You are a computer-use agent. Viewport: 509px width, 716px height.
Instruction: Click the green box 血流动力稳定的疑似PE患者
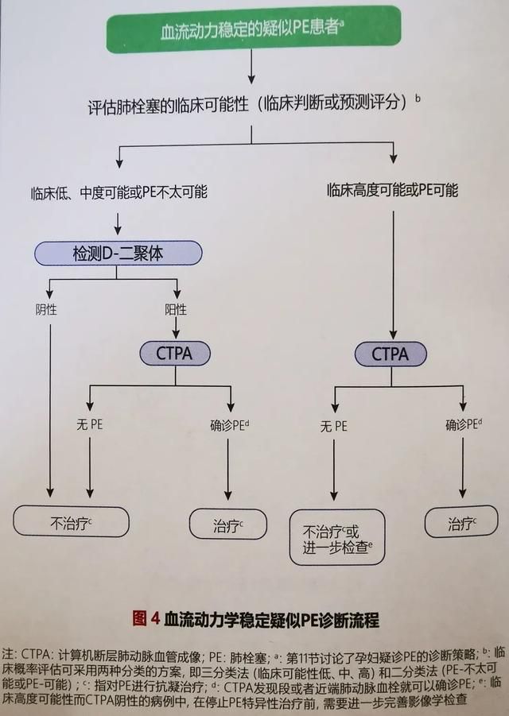(254, 29)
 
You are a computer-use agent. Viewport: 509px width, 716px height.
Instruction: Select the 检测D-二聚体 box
(118, 254)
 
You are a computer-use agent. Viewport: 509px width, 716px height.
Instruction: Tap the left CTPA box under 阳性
(175, 354)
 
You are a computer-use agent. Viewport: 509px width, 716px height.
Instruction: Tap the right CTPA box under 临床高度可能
(390, 354)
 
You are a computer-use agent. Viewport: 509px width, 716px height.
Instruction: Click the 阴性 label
(46, 310)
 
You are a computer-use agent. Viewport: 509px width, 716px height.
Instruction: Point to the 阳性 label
(176, 310)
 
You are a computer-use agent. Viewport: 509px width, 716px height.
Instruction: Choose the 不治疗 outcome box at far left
(71, 521)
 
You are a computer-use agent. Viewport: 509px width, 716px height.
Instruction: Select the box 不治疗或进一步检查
(337, 537)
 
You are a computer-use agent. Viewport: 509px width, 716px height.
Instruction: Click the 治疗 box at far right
(461, 521)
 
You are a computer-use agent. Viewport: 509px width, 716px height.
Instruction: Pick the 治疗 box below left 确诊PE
(227, 524)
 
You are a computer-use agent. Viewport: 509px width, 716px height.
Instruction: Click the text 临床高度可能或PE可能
(393, 190)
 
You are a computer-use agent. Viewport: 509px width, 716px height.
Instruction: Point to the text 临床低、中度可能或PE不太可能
(119, 192)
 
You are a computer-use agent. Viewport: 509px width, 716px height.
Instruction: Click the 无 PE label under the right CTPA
(333, 427)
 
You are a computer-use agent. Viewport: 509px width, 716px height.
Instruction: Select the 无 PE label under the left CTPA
(90, 424)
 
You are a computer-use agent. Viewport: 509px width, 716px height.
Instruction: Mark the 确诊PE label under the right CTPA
(464, 424)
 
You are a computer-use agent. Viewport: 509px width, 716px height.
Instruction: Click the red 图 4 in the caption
(146, 619)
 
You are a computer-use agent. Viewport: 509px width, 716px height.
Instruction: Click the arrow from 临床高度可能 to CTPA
(393, 275)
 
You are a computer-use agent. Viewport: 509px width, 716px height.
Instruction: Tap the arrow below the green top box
(251, 67)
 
